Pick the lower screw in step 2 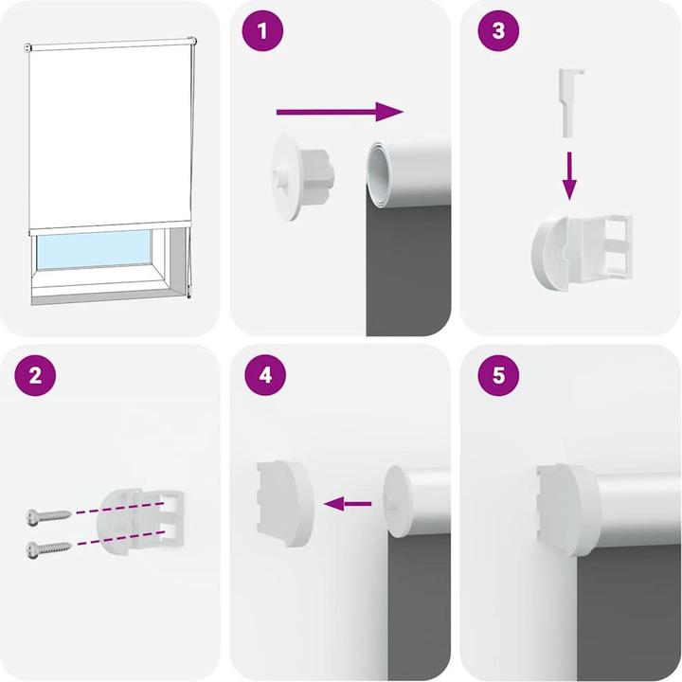click(49, 547)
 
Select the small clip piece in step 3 click(569, 100)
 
